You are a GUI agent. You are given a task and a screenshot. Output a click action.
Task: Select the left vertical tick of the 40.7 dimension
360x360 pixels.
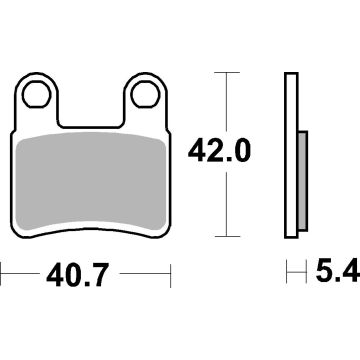point(2,272)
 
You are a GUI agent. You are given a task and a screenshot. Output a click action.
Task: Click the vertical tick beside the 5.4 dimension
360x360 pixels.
point(288,272)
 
